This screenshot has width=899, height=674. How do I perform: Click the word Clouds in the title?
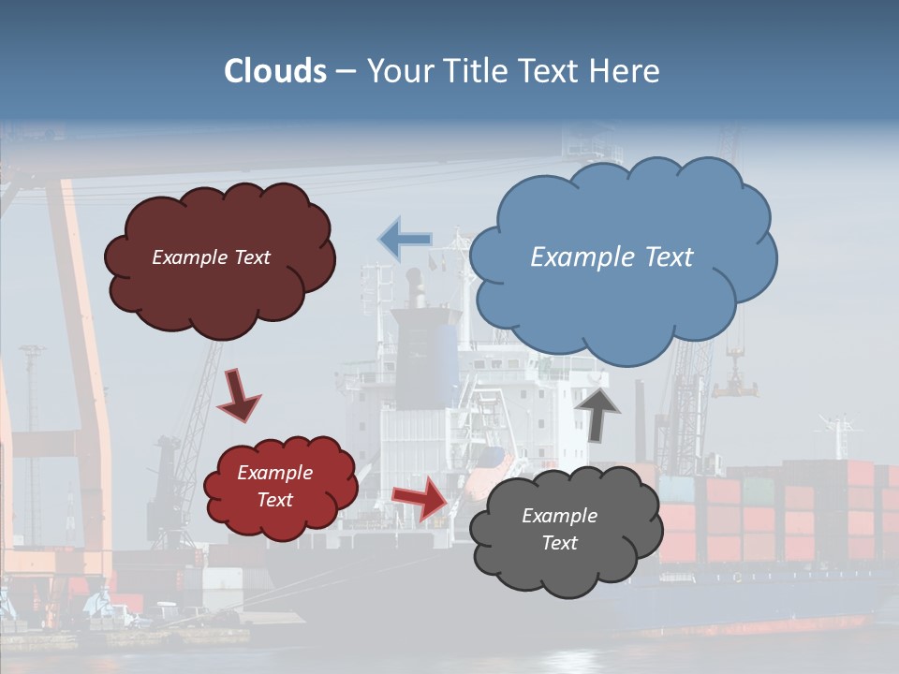click(275, 71)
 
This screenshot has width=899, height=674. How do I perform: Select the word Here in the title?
click(627, 71)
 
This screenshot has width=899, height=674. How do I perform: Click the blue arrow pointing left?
click(405, 240)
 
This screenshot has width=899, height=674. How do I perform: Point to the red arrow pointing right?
click(420, 496)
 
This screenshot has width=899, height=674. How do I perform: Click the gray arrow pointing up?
click(598, 412)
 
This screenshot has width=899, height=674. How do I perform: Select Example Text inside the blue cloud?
click(612, 257)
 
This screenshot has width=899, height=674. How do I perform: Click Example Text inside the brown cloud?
click(211, 257)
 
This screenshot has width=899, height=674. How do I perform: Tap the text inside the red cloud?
click(274, 487)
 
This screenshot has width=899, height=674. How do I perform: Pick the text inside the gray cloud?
click(559, 529)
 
